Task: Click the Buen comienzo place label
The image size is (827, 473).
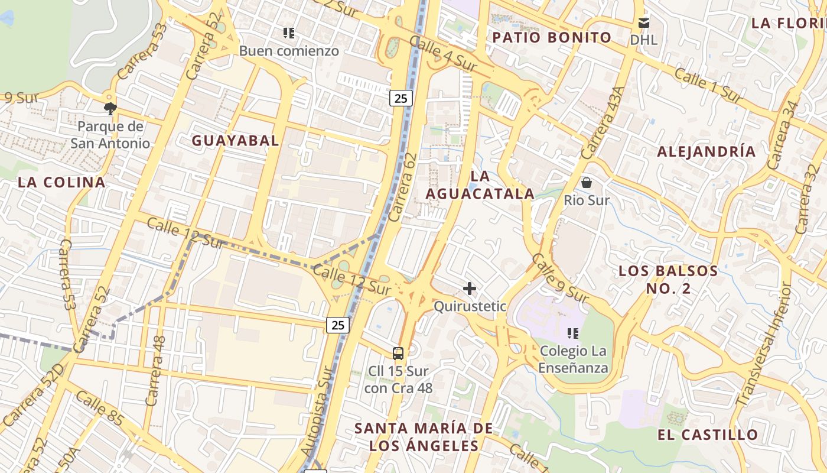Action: pos(289,51)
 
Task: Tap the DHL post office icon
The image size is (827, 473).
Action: pos(643,23)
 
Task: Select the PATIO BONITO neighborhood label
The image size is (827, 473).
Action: pos(552,37)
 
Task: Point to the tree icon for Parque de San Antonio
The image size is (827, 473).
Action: pos(110,108)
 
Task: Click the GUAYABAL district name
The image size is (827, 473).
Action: pos(235,140)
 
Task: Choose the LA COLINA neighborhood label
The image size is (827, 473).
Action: pos(61,182)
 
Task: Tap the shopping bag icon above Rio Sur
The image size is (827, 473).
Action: pos(587,183)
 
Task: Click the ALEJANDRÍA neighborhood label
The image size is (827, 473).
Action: pos(706,151)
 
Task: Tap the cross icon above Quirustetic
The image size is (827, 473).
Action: pos(470,289)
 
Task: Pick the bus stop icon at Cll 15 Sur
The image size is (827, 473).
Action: pos(398,354)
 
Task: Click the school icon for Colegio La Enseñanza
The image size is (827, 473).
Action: pos(572,333)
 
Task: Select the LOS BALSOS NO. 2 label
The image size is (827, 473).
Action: pos(668,280)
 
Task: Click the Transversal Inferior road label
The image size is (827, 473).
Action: pos(761,346)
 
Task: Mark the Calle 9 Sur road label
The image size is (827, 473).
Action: pos(559,279)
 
